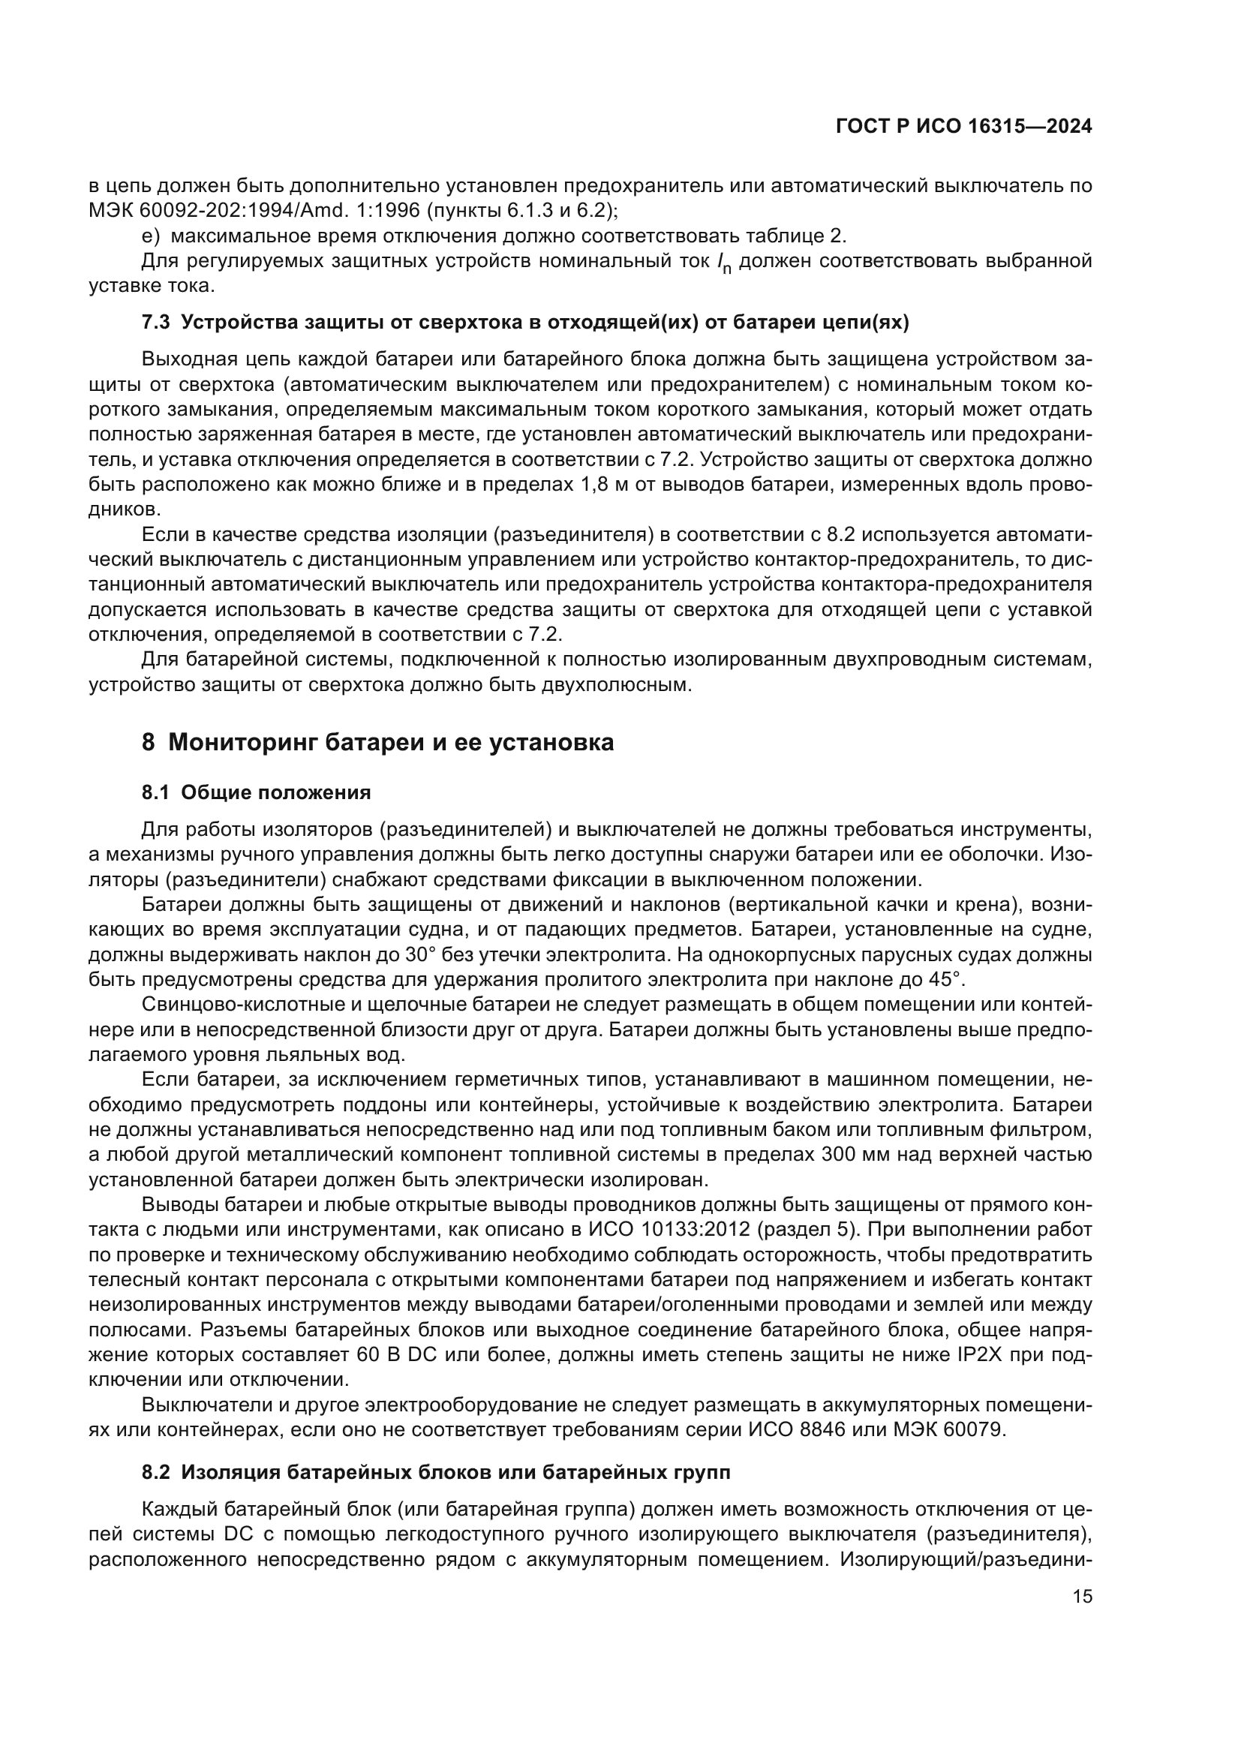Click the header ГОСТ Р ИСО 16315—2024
963,127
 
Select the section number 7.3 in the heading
156,323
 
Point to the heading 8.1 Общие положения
256,792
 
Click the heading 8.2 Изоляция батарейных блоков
436,1472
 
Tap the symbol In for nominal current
723,263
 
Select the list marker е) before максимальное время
152,236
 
